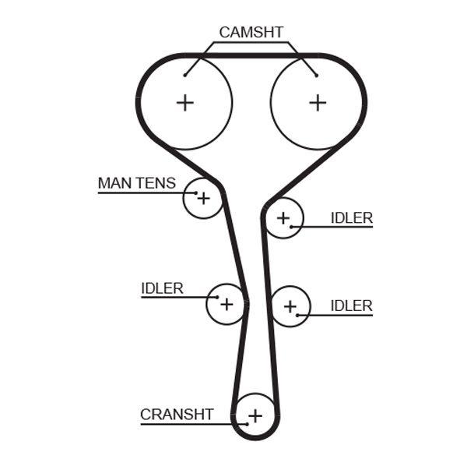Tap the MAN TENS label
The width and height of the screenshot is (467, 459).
[x=136, y=183]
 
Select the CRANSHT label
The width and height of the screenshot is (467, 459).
[x=177, y=415]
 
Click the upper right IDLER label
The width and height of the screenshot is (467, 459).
[x=352, y=218]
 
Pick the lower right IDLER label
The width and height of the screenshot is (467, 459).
[x=352, y=305]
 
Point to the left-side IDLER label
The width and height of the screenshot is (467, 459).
[x=162, y=288]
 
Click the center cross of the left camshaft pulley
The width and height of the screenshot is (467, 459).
[x=184, y=102]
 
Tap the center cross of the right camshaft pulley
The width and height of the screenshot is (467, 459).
[x=317, y=102]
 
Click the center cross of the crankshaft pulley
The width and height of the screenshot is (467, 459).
[x=256, y=415]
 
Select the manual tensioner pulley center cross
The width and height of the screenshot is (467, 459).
[x=203, y=198]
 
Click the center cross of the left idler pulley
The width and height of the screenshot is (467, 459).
[x=226, y=303]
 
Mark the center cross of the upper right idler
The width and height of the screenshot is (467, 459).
[x=283, y=217]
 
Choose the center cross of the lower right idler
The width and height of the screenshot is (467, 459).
[x=290, y=306]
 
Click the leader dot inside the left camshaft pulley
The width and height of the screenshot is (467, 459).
[x=184, y=76]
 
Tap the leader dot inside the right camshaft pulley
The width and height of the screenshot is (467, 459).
[x=317, y=76]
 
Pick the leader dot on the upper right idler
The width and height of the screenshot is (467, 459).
[x=293, y=227]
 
